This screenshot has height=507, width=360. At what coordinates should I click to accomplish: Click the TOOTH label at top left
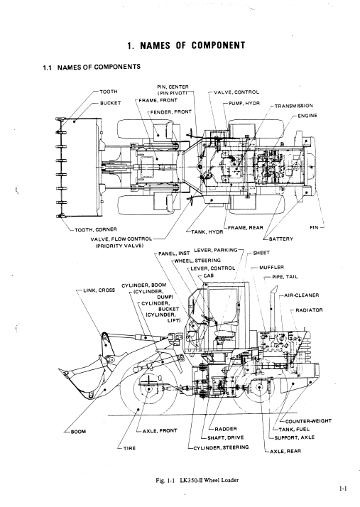coord(109,92)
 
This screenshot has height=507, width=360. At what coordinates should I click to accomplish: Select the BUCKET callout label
coord(110,103)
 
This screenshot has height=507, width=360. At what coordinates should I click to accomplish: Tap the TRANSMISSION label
coord(294,106)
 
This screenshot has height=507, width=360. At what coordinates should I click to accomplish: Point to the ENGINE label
coord(307,116)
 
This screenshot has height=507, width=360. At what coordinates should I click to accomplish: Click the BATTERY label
coord(280,239)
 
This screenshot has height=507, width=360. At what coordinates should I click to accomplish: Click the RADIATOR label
coord(309,310)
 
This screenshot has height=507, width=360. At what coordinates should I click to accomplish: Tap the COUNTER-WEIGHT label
coord(308,421)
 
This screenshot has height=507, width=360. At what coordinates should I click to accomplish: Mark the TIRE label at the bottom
coord(129,448)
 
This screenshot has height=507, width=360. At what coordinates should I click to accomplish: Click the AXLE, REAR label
coord(285,451)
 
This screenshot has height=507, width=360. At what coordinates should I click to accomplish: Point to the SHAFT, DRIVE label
coord(226,438)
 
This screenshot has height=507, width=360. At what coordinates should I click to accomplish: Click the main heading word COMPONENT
coord(218,45)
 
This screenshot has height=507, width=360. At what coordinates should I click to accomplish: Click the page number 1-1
coord(343,489)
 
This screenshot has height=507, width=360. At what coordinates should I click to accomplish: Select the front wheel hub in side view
coord(149,388)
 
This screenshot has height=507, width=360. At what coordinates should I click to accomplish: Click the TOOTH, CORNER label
coord(96,229)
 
